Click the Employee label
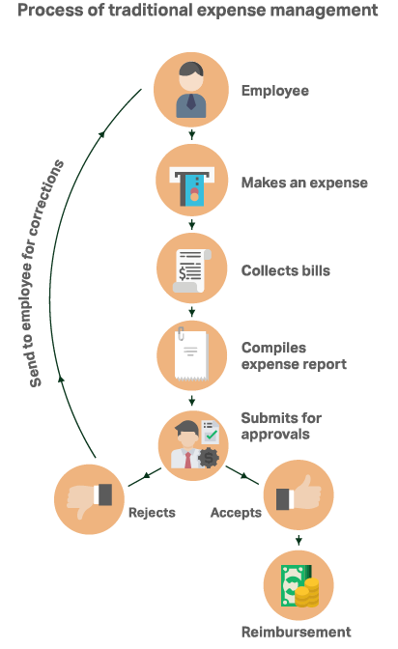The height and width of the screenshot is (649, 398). tap(275, 91)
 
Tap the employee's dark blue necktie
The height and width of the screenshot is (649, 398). tap(191, 101)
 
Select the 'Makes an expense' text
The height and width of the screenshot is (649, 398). tap(304, 183)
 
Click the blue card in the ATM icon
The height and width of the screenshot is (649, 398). tap(194, 190)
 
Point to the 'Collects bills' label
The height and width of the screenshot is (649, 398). tap(286, 270)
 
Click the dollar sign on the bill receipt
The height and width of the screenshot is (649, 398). tap(183, 273)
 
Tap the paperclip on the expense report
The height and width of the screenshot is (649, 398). tap(181, 333)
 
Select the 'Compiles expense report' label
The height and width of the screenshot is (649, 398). tap(294, 356)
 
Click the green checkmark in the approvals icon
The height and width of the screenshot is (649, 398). tap(212, 435)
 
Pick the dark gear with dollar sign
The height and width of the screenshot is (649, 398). tap(209, 458)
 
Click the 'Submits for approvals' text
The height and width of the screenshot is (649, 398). tap(281, 426)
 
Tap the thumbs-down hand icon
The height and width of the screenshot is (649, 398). tap(90, 498)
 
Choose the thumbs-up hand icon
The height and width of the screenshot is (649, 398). tap(298, 494)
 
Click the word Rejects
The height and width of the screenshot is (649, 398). tap(152, 513)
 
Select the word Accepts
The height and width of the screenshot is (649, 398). tap(236, 513)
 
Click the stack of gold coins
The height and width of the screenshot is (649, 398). tap(308, 593)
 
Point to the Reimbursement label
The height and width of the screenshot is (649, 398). tap(297, 632)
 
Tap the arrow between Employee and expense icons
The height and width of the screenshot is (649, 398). tap(191, 134)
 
